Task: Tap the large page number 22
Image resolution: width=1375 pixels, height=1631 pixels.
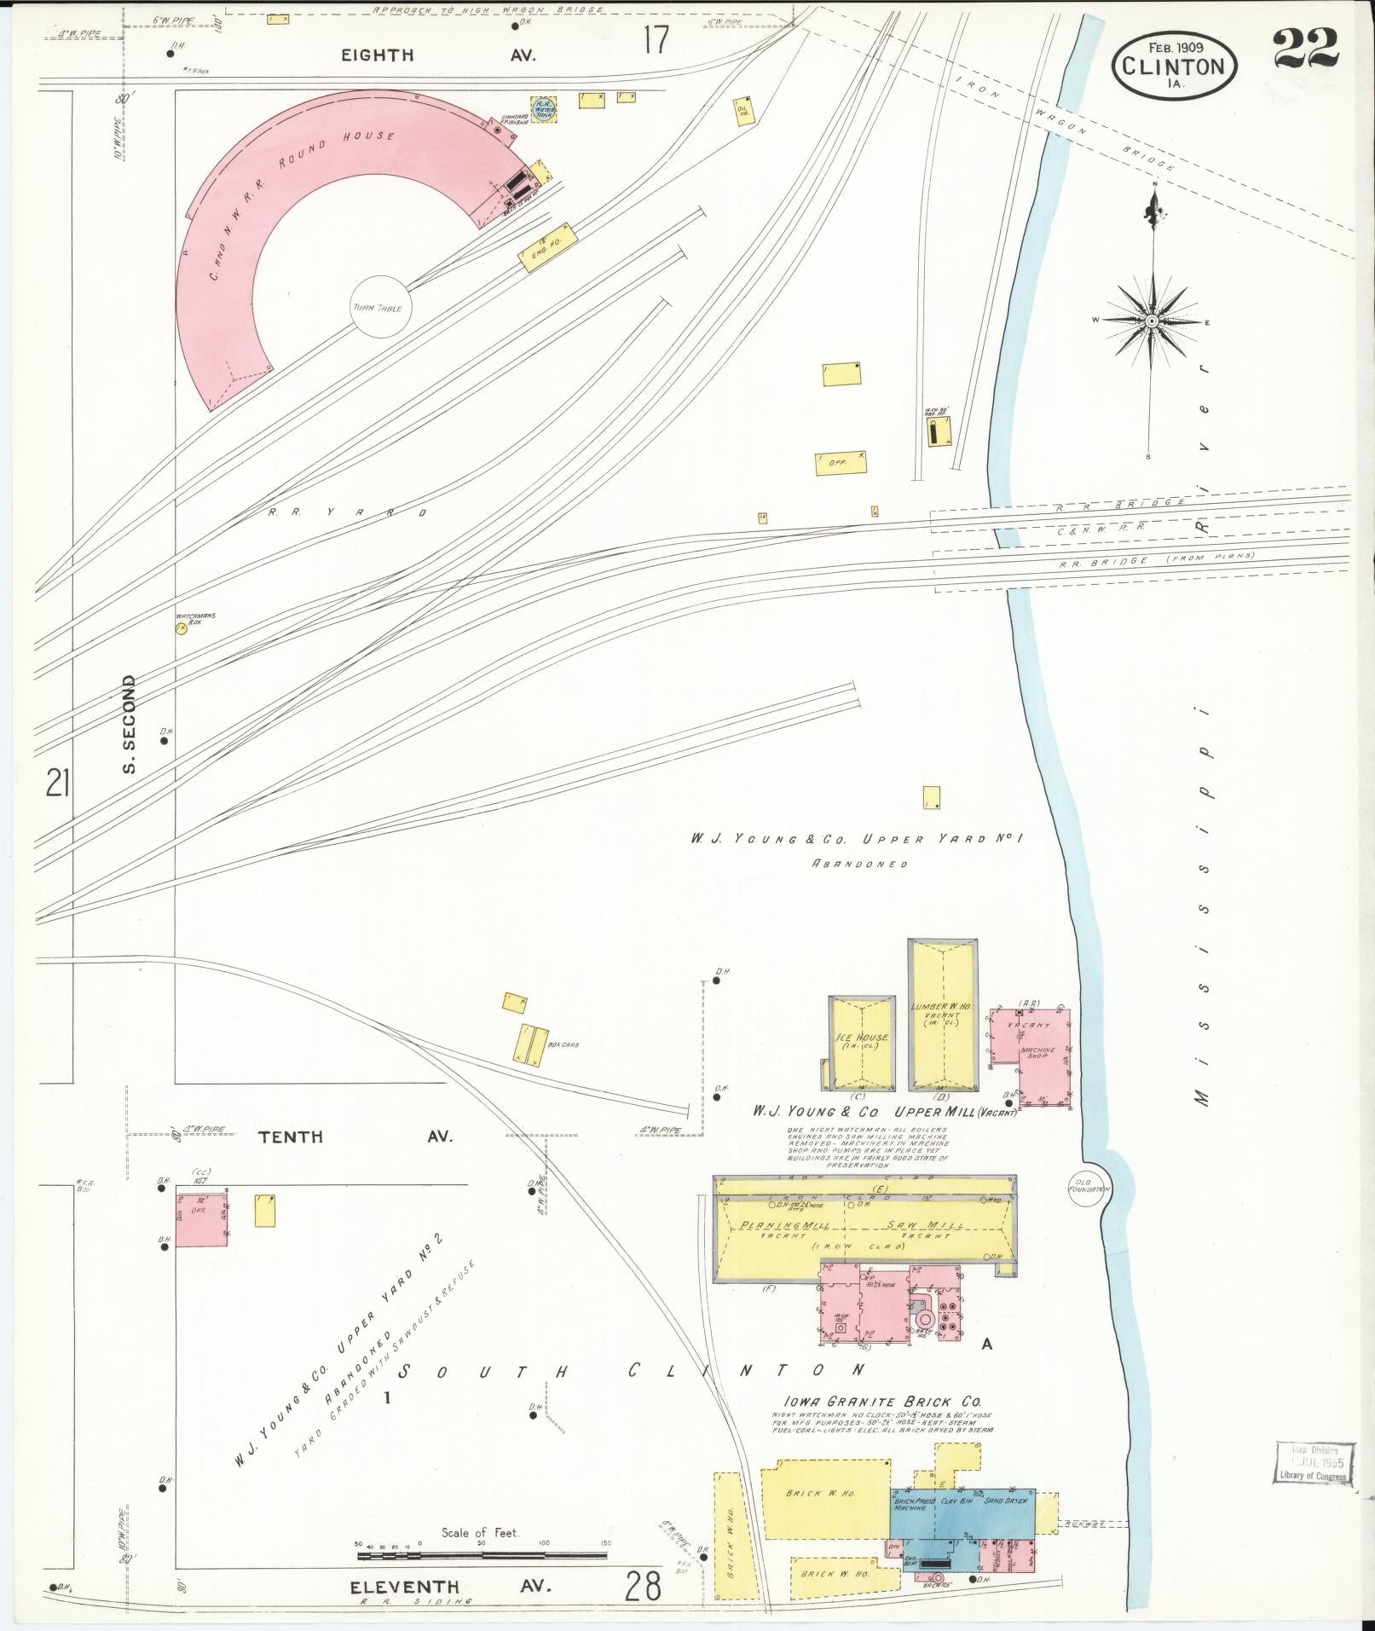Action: [x=1307, y=49]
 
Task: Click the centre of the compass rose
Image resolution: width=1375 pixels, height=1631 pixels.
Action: [x=1152, y=321]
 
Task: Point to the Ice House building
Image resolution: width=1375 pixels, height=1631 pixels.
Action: [x=863, y=1042]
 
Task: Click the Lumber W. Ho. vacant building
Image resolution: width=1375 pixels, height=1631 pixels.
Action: [x=942, y=1015]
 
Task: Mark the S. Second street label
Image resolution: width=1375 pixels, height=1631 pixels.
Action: [x=129, y=724]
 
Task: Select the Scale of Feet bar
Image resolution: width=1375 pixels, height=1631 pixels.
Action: [x=482, y=1555]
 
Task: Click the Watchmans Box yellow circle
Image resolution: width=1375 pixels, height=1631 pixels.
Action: [x=181, y=628]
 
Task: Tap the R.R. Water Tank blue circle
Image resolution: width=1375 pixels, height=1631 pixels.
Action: [x=544, y=109]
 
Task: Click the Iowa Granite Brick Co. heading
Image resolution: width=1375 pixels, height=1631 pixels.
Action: [x=882, y=1401]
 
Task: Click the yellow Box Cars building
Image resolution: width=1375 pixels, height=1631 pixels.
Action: [x=529, y=1044]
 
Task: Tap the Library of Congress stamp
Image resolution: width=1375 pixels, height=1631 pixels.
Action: [x=1314, y=1462]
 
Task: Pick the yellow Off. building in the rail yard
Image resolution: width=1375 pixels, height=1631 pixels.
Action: [x=841, y=463]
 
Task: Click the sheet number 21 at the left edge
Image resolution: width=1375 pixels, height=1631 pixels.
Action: [x=57, y=782]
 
